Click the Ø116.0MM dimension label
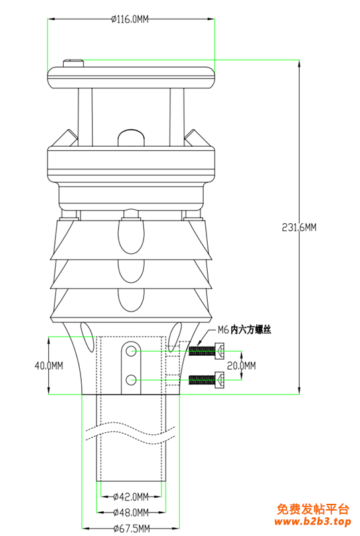click(130, 19)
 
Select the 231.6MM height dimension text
click(299, 227)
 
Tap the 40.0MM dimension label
click(49, 366)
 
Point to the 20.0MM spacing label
click(241, 366)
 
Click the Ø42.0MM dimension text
click(131, 496)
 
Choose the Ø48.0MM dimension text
click(131, 513)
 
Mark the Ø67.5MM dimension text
click(132, 529)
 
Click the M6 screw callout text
click(245, 330)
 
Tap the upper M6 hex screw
click(206, 350)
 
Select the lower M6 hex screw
click(206, 379)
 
